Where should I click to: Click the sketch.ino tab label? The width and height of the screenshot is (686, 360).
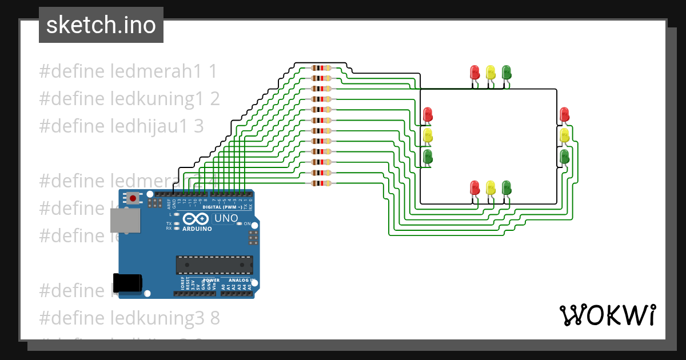pyautogui.click(x=101, y=25)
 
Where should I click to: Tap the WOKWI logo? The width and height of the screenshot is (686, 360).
pyautogui.click(x=607, y=315)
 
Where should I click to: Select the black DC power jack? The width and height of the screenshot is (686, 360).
pyautogui.click(x=127, y=283)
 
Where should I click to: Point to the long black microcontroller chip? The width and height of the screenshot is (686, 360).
pyautogui.click(x=214, y=265)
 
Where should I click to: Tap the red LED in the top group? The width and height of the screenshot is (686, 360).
pyautogui.click(x=474, y=72)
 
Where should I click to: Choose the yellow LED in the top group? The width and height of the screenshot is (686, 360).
pyautogui.click(x=490, y=72)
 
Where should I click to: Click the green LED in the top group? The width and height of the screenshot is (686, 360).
pyautogui.click(x=506, y=72)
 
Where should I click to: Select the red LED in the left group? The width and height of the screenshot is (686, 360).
pyautogui.click(x=428, y=114)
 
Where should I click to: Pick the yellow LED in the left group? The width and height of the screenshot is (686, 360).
pyautogui.click(x=428, y=135)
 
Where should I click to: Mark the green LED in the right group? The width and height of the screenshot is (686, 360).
pyautogui.click(x=564, y=156)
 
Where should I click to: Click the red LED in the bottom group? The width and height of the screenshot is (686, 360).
pyautogui.click(x=474, y=187)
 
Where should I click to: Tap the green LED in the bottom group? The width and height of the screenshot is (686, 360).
pyautogui.click(x=506, y=187)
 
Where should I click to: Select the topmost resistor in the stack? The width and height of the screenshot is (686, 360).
pyautogui.click(x=321, y=67)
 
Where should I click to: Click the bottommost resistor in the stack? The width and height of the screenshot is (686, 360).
pyautogui.click(x=321, y=183)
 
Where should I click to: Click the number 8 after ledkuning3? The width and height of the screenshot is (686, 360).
pyautogui.click(x=214, y=317)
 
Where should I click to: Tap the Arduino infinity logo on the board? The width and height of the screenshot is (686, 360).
pyautogui.click(x=197, y=219)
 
